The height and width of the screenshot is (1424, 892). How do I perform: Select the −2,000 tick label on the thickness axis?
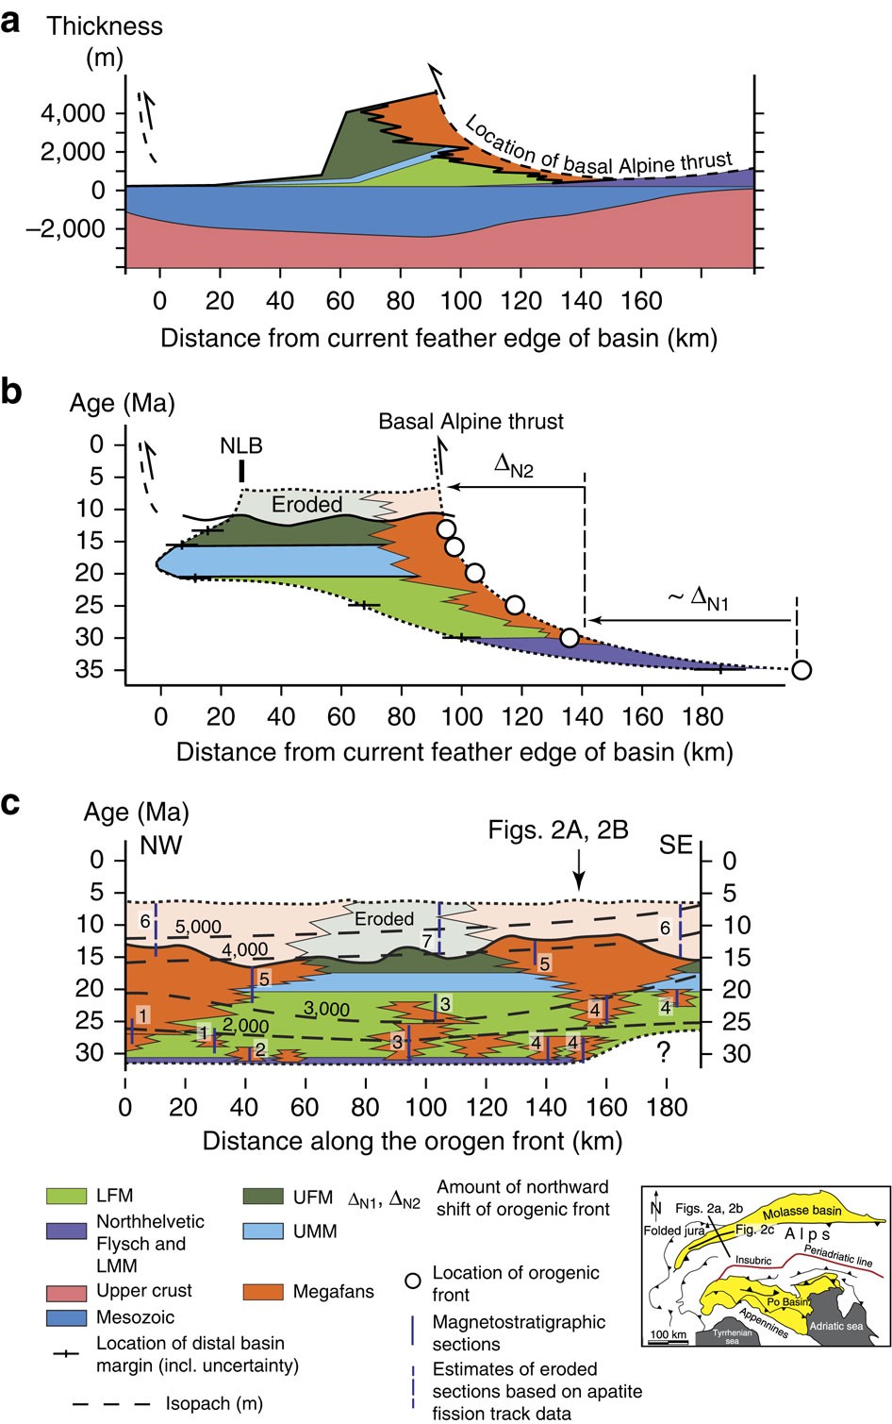[65, 228]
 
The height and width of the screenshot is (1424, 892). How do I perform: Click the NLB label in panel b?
[241, 445]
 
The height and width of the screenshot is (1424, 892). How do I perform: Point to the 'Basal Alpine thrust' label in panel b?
[471, 421]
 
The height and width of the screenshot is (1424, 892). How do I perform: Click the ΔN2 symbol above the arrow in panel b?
[514, 465]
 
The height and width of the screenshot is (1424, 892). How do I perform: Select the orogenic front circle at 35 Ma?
[801, 670]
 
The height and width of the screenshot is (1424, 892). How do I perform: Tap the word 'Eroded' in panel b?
[306, 504]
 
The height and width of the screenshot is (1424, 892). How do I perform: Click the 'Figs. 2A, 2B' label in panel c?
[558, 829]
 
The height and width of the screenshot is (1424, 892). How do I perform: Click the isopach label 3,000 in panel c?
[326, 1009]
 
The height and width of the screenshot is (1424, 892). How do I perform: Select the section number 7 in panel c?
[427, 942]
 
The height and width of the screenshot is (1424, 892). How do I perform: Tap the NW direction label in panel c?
[160, 845]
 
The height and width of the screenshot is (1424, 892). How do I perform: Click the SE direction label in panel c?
[675, 845]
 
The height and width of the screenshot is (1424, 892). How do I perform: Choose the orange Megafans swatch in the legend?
[262, 1291]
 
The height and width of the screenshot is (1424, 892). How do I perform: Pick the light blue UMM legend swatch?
[262, 1231]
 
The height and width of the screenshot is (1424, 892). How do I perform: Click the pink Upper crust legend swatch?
[66, 1291]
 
